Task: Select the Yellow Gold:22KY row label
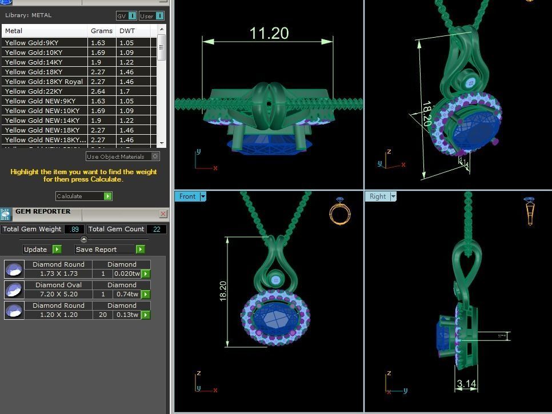[32, 91]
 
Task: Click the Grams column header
[102, 31]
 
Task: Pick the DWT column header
[127, 31]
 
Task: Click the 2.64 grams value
[97, 91]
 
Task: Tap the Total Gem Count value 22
[155, 229]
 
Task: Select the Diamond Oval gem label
[58, 285]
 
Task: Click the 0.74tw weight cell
[126, 294]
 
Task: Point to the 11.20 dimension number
[269, 33]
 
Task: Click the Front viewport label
[187, 196]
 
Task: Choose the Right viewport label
[378, 196]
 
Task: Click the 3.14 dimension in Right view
[466, 384]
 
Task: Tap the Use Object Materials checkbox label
[116, 156]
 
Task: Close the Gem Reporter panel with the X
[163, 214]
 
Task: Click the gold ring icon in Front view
[339, 212]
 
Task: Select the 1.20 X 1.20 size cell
[58, 315]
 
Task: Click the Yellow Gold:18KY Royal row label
[44, 82]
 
